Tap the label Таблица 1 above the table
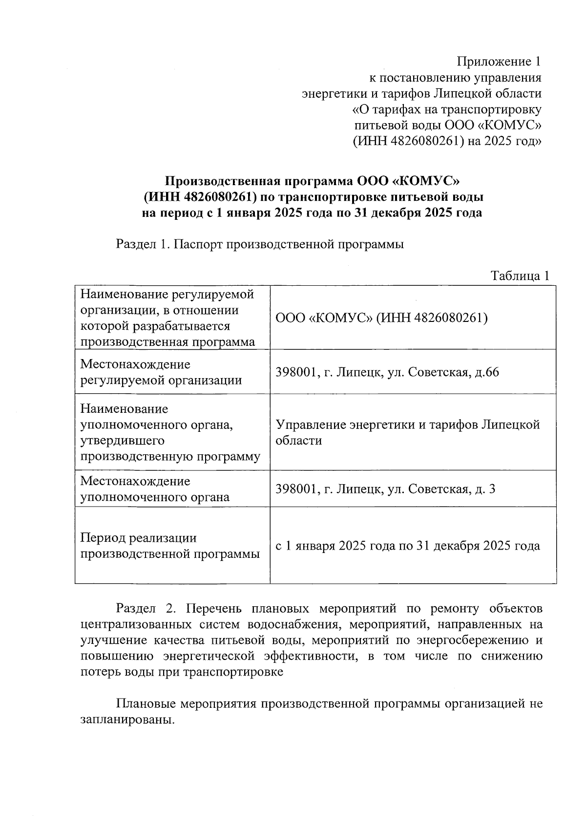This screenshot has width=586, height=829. tap(520, 276)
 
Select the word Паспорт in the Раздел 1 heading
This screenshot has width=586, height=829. tap(197, 244)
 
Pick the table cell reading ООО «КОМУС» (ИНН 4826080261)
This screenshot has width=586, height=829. tap(382, 318)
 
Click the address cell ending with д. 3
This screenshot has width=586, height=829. tap(386, 489)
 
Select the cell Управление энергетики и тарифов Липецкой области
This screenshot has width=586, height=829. tap(408, 432)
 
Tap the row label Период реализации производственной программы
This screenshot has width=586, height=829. tap(170, 546)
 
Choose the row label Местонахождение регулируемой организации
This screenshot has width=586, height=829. tap(161, 372)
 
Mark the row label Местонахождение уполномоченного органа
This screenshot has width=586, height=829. tap(155, 489)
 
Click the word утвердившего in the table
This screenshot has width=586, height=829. tap(123, 441)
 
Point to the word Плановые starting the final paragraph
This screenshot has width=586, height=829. tap(146, 704)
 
